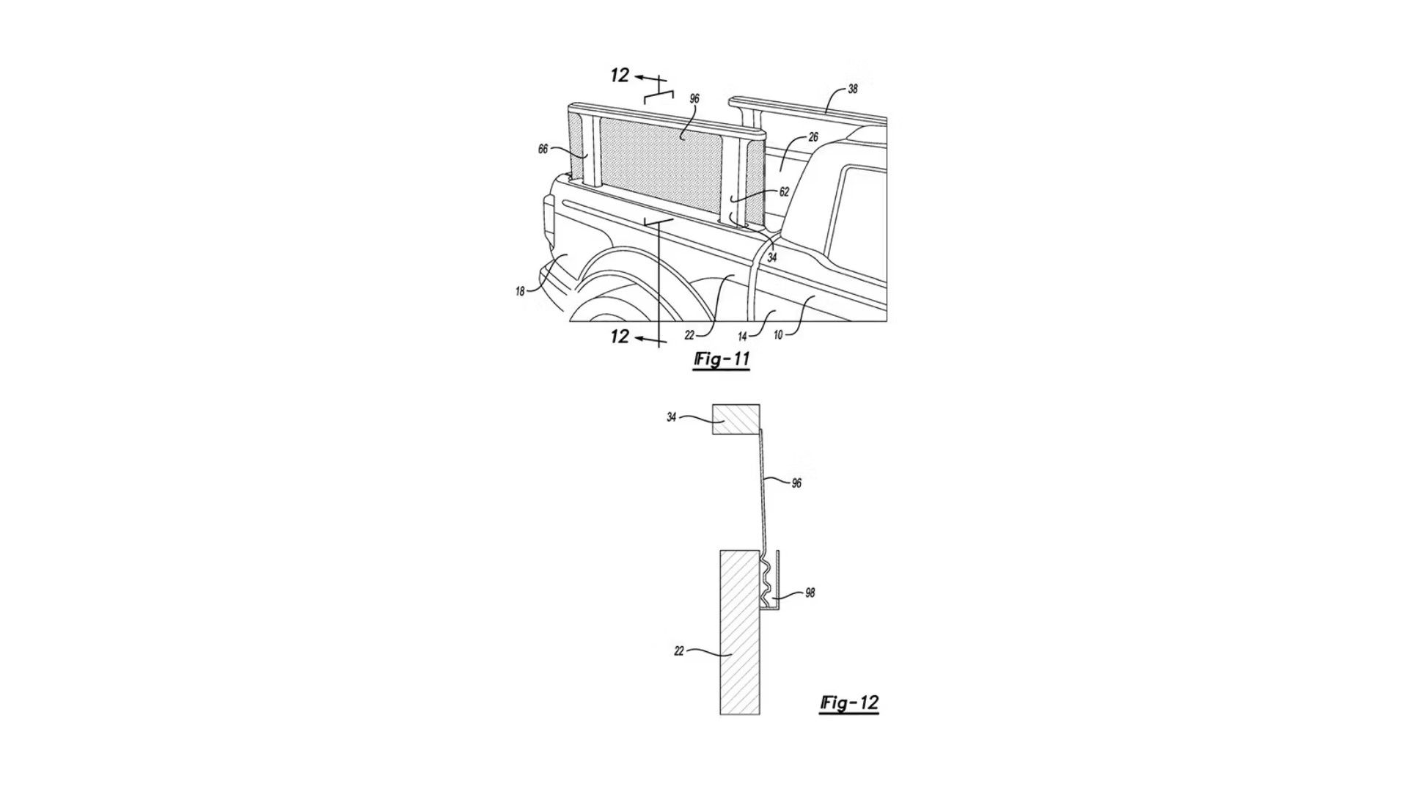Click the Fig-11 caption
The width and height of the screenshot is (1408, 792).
click(x=722, y=360)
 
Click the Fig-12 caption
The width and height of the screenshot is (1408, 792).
click(x=849, y=703)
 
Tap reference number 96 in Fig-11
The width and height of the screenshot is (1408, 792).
click(x=694, y=98)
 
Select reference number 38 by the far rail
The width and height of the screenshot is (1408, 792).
click(x=852, y=89)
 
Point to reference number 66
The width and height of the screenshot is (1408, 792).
click(x=543, y=149)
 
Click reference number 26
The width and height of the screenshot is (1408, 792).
click(x=813, y=137)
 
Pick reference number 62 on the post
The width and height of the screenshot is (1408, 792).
click(x=784, y=192)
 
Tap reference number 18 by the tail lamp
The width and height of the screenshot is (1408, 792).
click(x=520, y=291)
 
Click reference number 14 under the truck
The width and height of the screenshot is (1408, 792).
click(x=742, y=337)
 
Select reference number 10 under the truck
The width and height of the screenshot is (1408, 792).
click(x=777, y=335)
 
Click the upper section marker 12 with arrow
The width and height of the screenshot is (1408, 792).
click(x=620, y=76)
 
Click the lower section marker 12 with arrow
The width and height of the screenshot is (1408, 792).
click(x=620, y=337)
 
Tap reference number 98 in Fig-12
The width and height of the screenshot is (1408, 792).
click(x=810, y=593)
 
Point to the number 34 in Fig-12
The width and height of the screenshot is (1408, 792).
click(x=671, y=418)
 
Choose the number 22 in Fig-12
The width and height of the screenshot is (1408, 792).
click(x=678, y=650)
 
